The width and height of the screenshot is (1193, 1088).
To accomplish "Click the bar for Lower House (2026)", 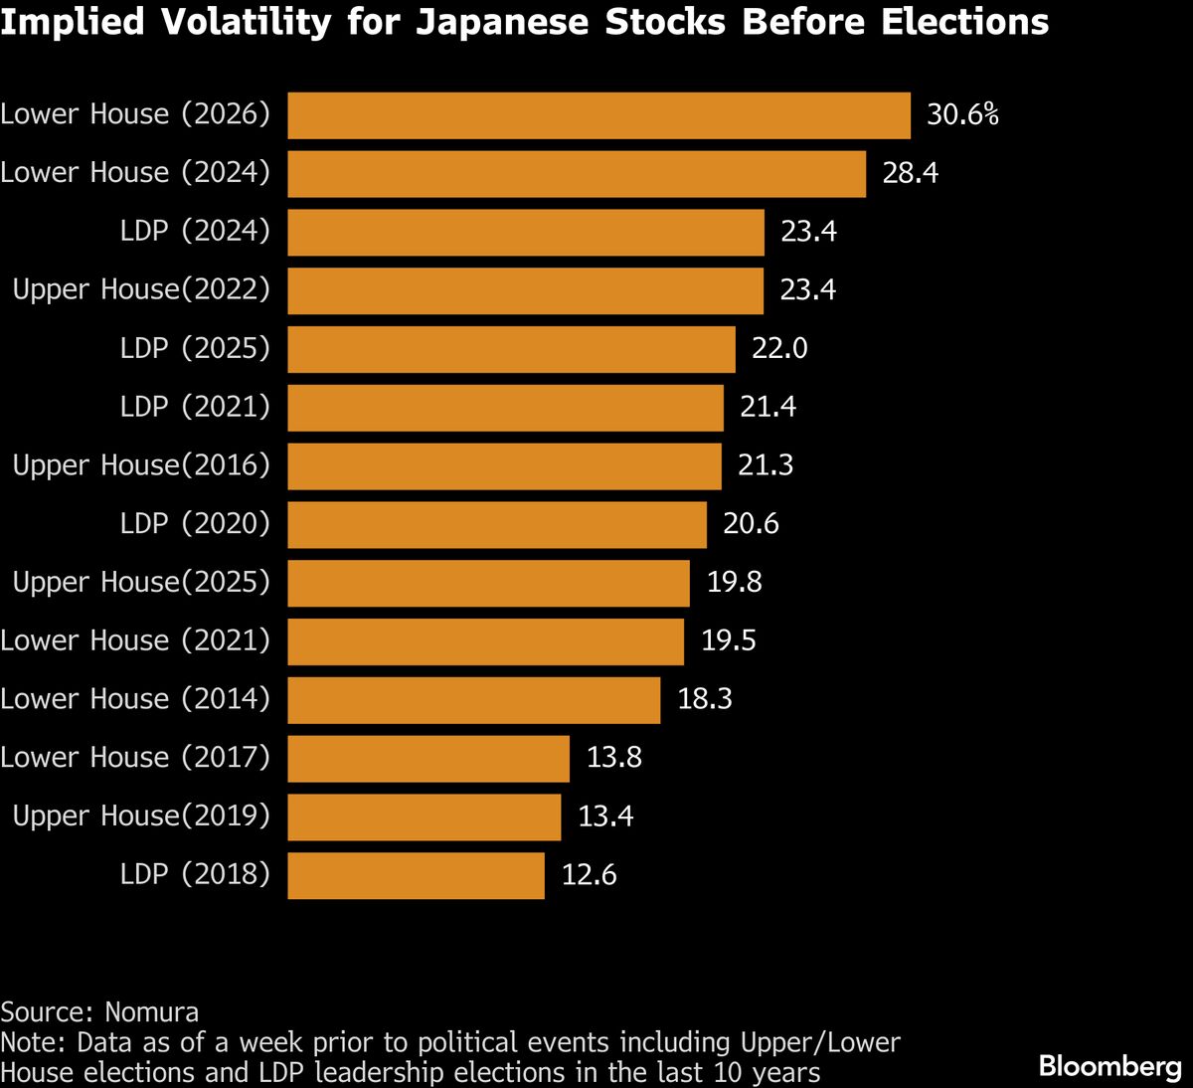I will coord(598,115).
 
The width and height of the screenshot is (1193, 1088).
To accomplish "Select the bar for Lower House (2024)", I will coord(577,174).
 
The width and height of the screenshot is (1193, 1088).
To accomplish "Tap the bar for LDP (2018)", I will coord(416,875).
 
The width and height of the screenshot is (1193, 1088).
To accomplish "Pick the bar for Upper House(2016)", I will coord(504,466).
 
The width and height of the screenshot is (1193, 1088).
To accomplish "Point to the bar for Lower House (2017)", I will coord(428,759).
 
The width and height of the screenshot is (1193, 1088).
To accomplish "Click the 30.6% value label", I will coord(962,115).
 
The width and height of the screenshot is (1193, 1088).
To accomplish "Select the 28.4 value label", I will coord(910,174).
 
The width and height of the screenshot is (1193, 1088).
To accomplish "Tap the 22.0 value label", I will coord(779,349).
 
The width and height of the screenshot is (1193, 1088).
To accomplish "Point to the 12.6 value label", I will coord(589,875).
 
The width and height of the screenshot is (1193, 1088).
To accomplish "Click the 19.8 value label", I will coord(734,583).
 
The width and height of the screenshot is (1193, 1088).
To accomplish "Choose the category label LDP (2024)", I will coord(195,232).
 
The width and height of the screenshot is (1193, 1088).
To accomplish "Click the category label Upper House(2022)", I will coord(141,290).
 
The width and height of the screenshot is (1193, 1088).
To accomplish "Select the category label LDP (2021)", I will coord(195,408).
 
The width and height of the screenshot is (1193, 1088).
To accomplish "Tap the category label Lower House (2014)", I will coord(135,700).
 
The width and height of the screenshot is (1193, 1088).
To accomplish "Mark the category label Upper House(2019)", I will coord(141,816).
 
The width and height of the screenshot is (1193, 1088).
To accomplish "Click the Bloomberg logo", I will coord(1109,1067).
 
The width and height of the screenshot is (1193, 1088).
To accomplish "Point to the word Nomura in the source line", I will coord(152,1012).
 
